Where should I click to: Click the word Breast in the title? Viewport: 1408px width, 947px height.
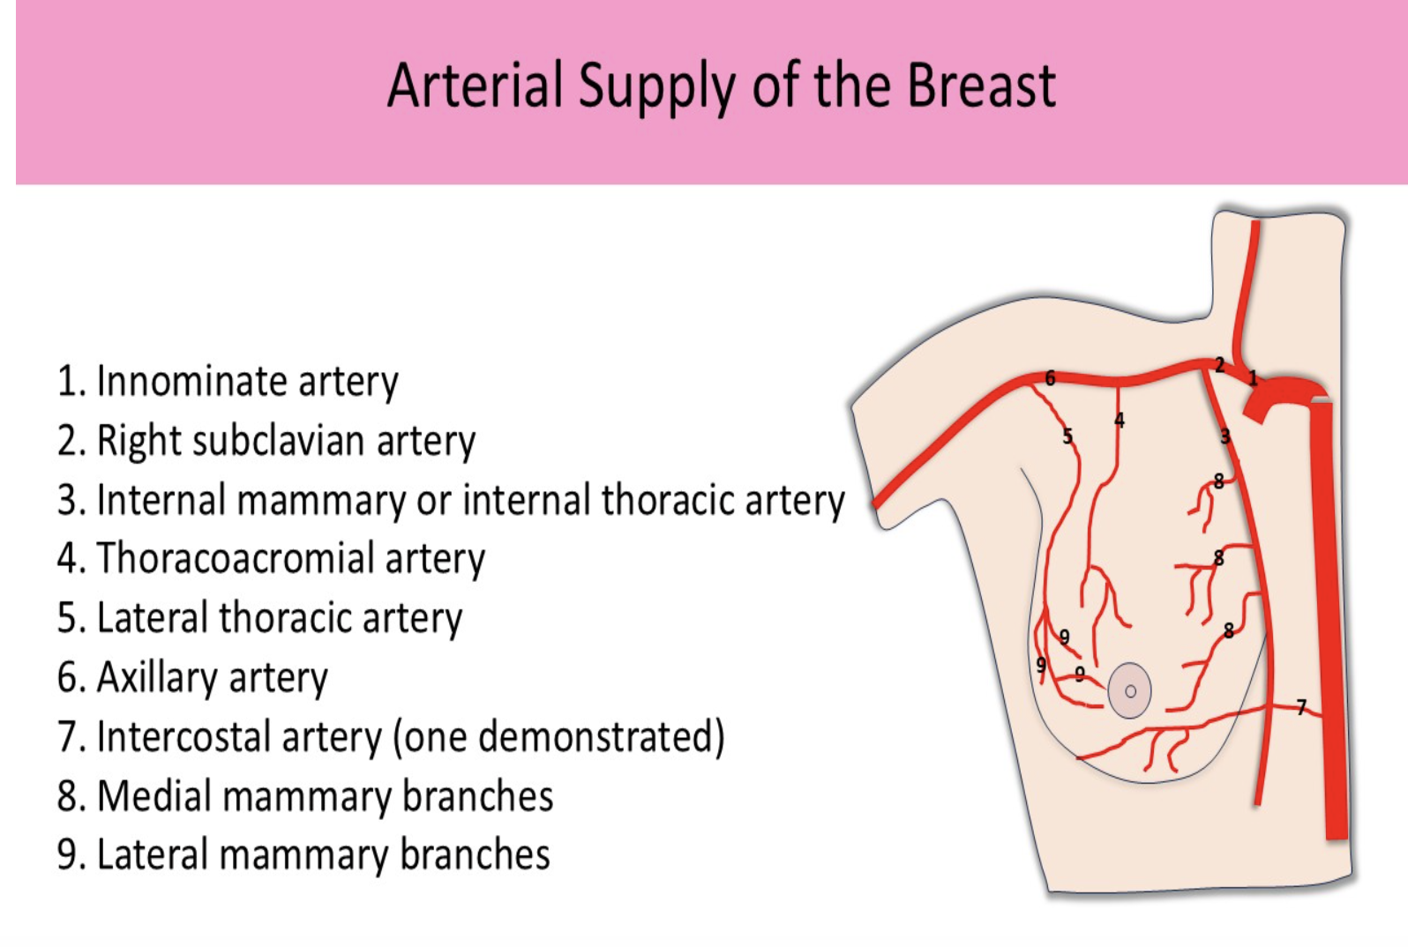point(981,86)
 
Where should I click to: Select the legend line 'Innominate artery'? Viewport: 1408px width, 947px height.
point(228,382)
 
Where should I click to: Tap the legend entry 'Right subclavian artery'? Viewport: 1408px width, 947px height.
point(266,441)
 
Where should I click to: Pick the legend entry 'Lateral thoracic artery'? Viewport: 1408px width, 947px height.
point(259,618)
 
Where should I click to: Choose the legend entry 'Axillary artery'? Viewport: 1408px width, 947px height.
point(192,678)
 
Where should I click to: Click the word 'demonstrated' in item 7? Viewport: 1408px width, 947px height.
point(600,737)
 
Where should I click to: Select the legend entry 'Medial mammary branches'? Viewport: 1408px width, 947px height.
point(305,796)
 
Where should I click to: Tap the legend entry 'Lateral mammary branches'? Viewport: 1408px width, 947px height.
point(303,855)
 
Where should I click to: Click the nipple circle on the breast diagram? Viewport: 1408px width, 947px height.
point(1130,691)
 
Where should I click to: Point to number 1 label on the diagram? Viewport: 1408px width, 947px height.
point(1252,378)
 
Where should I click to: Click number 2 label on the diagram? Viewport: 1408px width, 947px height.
point(1219,365)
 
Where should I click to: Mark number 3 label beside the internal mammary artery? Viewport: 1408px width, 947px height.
point(1225,436)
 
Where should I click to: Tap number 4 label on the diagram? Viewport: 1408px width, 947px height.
point(1120,421)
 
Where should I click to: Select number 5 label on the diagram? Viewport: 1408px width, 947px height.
point(1067,436)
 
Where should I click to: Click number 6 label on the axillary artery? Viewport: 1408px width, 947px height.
point(1050,378)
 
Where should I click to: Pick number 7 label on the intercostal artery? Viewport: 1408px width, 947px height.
point(1301,707)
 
